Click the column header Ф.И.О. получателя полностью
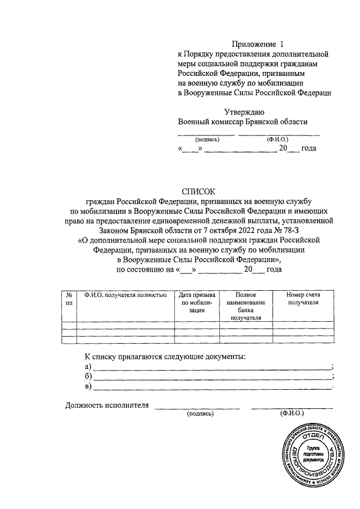point(125,295)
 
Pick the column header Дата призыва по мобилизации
point(196,302)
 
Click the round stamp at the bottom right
point(310,460)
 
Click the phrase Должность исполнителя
point(107,404)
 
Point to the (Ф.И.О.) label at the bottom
point(291,413)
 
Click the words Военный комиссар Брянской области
point(243,121)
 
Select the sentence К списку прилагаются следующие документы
point(165,357)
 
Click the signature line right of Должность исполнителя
point(197,407)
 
